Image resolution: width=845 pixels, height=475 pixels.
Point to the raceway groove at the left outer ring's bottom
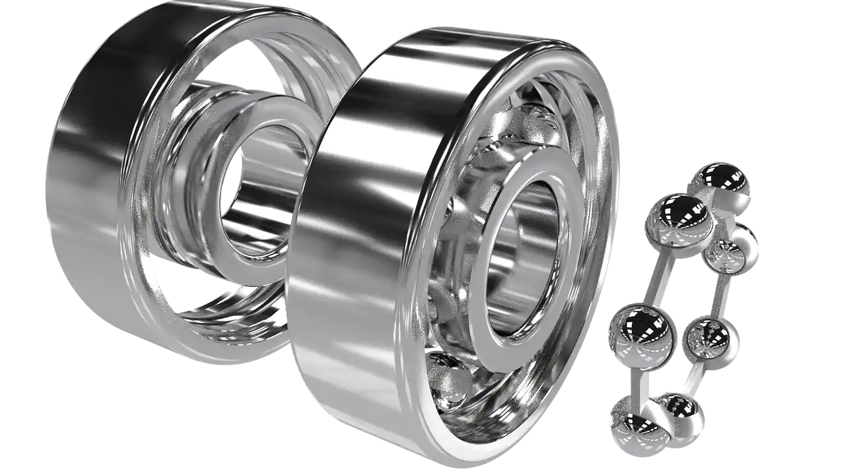(218, 330)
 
